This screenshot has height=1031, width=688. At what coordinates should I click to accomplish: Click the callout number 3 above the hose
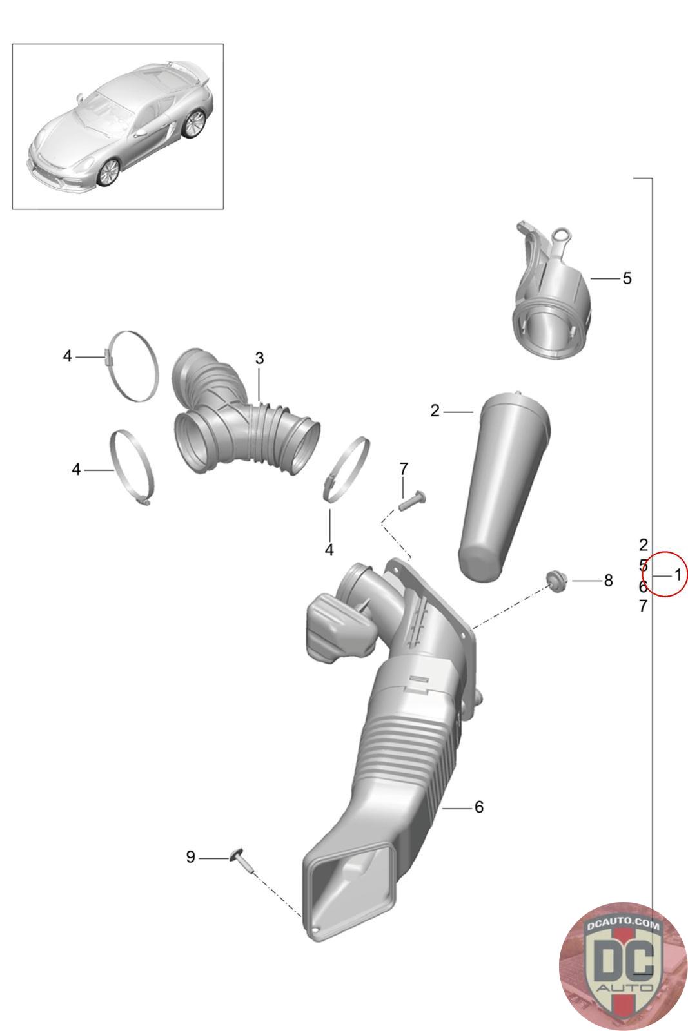click(259, 358)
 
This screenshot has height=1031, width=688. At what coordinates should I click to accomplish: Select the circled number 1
click(678, 574)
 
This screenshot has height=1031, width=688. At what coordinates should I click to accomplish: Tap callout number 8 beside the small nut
click(608, 581)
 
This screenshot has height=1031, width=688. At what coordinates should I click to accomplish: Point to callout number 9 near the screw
click(191, 857)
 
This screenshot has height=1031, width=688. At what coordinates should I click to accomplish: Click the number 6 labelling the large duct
click(479, 807)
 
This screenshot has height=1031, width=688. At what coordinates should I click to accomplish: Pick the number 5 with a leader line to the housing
click(627, 278)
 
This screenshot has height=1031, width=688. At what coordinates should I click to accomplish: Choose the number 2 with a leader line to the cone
click(435, 410)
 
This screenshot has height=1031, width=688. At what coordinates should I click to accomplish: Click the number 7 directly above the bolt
click(404, 469)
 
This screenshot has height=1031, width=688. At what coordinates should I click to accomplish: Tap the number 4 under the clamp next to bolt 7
click(329, 550)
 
